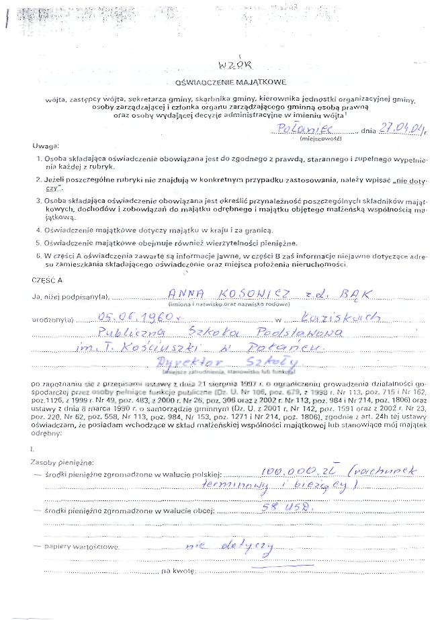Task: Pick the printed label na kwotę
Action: [x=177, y=570]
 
